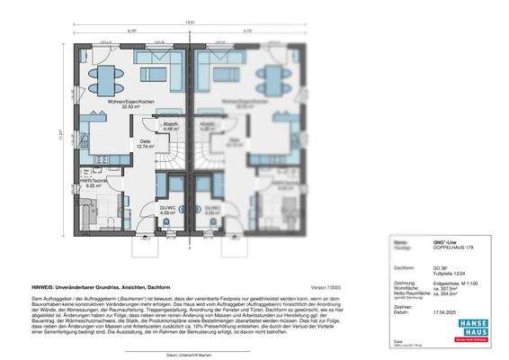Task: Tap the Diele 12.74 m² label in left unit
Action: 143,143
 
